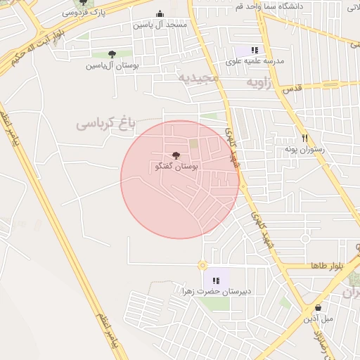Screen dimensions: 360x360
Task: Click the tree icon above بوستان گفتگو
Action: tap(175, 156)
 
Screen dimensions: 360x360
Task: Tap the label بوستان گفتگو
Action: tap(175, 167)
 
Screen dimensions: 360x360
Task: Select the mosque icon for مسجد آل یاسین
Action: tap(160, 14)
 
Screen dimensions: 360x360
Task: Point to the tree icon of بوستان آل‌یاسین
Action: tap(112, 54)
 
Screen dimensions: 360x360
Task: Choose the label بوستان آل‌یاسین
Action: tap(112, 65)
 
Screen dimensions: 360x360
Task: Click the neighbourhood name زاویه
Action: tap(259, 82)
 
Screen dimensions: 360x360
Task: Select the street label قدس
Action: tap(291, 89)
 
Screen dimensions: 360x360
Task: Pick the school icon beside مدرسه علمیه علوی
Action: tap(255, 50)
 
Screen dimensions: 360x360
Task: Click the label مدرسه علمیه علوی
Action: tap(255, 61)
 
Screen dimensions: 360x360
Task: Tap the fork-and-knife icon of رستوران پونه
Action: tap(304, 139)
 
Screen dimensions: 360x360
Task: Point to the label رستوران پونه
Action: tap(302, 150)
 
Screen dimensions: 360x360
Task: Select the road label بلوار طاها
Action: tap(328, 266)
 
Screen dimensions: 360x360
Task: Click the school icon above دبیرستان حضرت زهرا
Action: tap(216, 281)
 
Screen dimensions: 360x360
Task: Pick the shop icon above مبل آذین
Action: tap(318, 307)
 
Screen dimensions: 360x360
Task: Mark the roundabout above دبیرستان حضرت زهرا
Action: tap(202, 265)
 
